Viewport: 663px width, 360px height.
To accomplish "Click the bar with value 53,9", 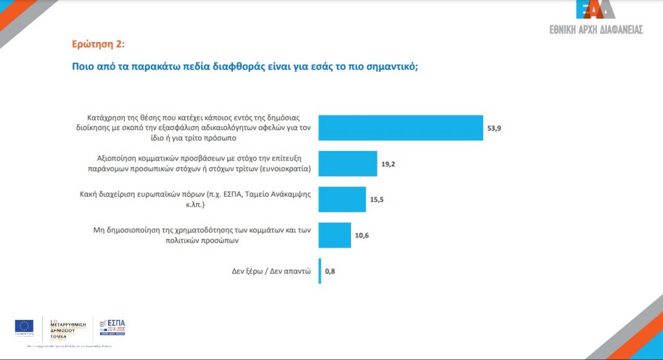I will click(401, 128).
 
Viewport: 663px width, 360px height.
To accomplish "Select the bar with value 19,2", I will click(348, 164).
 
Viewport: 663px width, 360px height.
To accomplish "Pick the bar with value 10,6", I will click(335, 235).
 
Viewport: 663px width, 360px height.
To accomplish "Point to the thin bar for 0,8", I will click(320, 271).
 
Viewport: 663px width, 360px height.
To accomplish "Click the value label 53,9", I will click(494, 128).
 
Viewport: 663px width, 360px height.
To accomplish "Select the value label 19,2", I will click(388, 164).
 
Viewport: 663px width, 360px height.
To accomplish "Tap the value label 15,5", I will click(377, 200).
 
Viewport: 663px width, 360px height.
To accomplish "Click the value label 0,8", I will click(330, 271).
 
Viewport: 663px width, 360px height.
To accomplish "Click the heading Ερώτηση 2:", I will click(98, 45).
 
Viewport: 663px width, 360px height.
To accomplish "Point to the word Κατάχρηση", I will click(106, 118).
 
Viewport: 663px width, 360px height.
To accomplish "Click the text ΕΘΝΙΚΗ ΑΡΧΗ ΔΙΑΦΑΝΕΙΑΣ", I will click(596, 30).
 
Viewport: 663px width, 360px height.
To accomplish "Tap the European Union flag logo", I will click(25, 326).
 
